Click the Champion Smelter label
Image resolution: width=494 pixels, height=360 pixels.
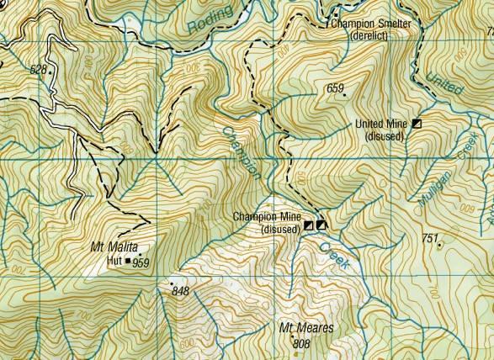click(x=370, y=24)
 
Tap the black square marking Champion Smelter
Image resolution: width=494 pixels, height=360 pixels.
click(x=335, y=14)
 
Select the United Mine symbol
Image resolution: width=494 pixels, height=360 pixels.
click(x=416, y=124)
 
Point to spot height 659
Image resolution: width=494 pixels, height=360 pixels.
click(x=335, y=88)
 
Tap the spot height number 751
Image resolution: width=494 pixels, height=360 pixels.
click(x=429, y=239)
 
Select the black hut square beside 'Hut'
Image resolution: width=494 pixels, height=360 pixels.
click(x=128, y=262)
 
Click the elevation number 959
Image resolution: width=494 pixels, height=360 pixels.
click(x=141, y=263)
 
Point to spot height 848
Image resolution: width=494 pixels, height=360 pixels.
click(x=180, y=291)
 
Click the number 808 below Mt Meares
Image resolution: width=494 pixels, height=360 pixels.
click(x=301, y=344)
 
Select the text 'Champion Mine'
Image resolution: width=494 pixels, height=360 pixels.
click(x=267, y=217)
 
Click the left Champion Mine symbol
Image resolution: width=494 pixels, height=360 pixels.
click(x=308, y=225)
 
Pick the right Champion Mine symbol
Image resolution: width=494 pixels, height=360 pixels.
click(x=320, y=225)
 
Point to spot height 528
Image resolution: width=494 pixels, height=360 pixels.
click(x=38, y=70)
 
